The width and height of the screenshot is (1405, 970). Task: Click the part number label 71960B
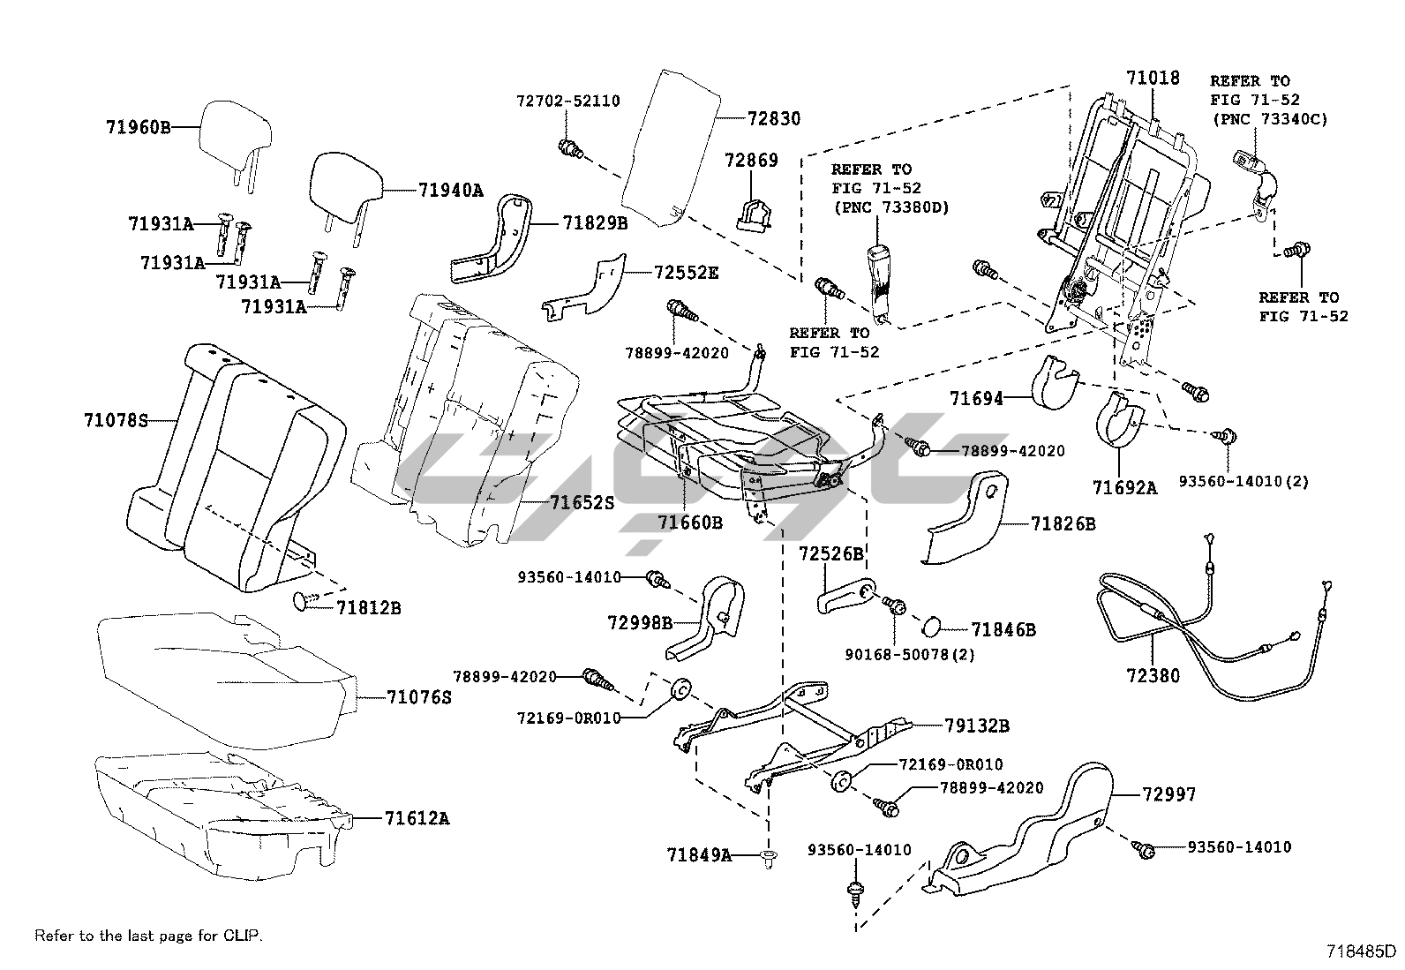[138, 126]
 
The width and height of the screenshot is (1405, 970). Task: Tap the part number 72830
[773, 118]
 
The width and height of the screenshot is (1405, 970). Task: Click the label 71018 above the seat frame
[1153, 78]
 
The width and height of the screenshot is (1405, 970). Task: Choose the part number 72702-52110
[567, 102]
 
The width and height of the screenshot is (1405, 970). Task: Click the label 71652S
[581, 503]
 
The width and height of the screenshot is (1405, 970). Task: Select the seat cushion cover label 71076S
[418, 697]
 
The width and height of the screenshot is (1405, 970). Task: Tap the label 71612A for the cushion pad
[416, 818]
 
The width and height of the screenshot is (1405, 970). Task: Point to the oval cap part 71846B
[933, 628]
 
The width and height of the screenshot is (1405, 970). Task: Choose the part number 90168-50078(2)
[909, 655]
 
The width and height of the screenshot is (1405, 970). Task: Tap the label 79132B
[976, 726]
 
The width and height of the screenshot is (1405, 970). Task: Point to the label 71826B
[1063, 523]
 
